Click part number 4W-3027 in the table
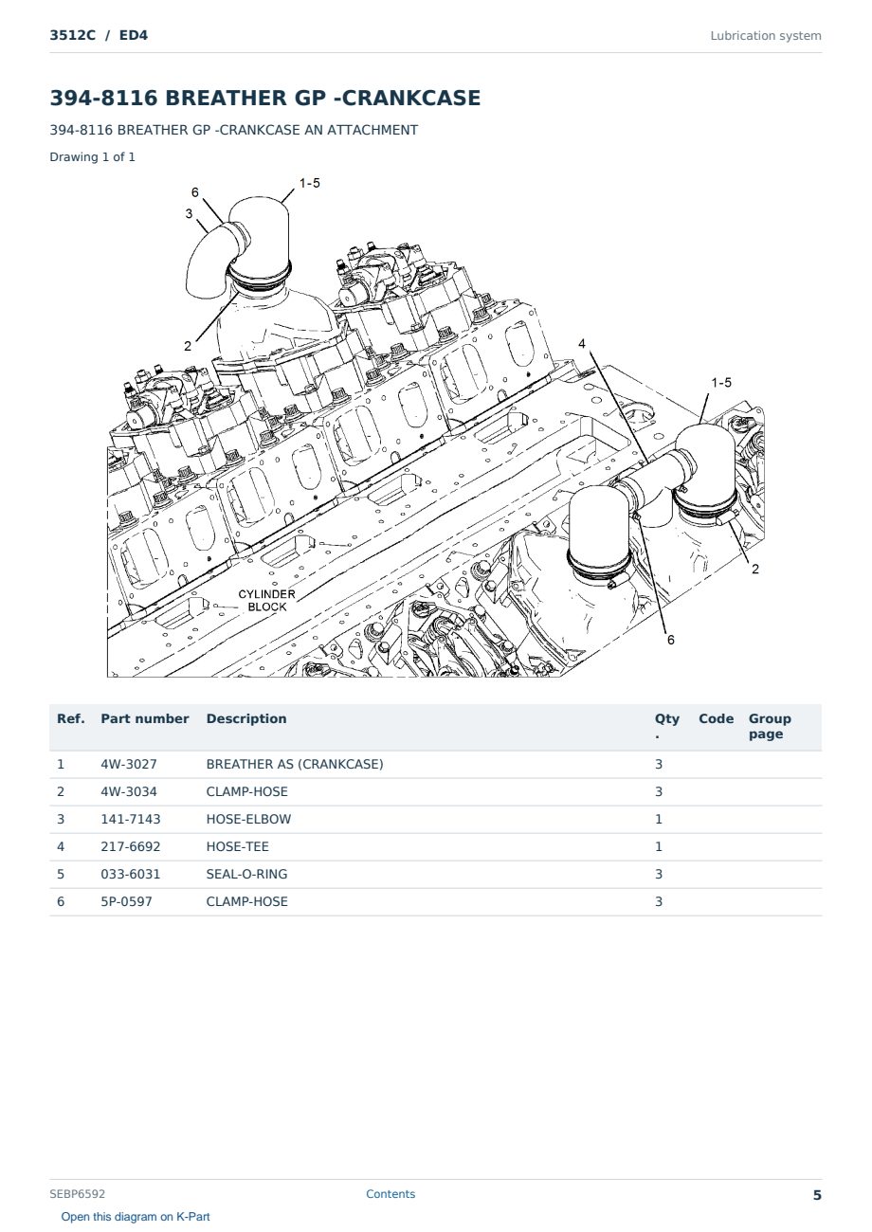128,764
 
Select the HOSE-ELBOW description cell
248,819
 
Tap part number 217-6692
131,846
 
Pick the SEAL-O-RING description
246,874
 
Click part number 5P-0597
126,901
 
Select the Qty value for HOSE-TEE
659,846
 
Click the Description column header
245,718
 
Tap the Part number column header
145,718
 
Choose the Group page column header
770,726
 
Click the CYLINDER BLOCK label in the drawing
267,600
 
